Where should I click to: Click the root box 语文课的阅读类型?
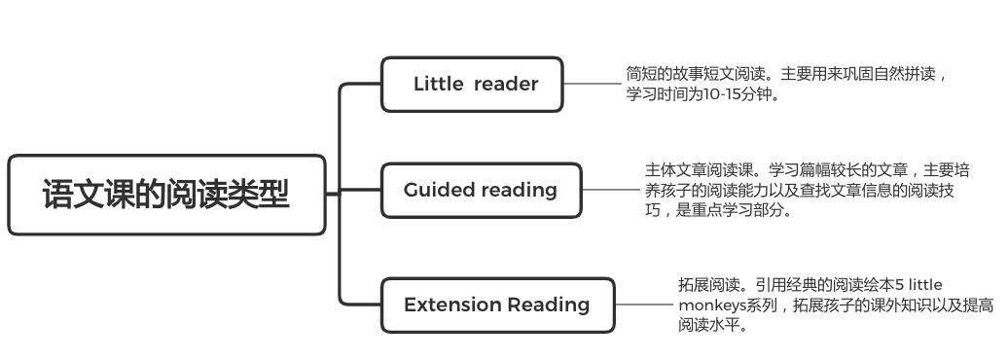166,195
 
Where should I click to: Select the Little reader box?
472,85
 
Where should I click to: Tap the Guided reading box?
481,190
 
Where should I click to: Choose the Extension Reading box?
497,305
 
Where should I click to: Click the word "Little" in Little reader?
438,85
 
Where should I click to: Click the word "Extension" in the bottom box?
450,305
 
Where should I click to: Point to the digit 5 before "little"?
900,285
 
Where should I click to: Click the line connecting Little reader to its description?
593,84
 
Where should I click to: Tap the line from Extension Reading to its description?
643,305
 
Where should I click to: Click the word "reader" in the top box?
506,85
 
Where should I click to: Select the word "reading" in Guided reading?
522,190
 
